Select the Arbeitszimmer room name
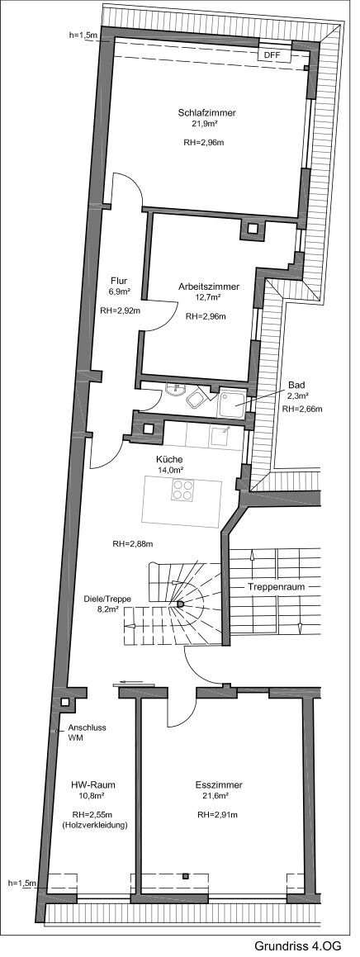[209, 287]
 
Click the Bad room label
[296, 385]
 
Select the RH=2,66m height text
[301, 409]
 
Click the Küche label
[170, 459]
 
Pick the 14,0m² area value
[170, 470]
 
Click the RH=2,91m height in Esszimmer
[217, 814]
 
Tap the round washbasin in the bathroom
[174, 391]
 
